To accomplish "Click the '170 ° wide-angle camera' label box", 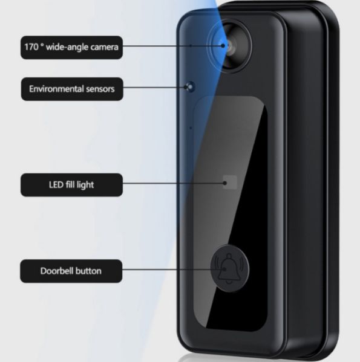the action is (71, 47).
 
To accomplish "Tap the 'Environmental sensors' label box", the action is (72, 89).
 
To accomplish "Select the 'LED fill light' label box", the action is (71, 185).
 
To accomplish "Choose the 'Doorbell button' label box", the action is (71, 271).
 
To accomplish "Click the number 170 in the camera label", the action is (31, 47).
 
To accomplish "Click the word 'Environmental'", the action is (56, 89).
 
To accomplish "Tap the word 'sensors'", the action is (100, 89).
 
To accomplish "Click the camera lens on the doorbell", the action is (230, 46).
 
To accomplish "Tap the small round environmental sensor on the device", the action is (190, 87).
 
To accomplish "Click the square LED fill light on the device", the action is (230, 182).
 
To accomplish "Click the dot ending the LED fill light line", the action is (225, 183).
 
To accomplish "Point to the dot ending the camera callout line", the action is (223, 46).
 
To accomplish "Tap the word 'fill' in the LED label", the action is (70, 184).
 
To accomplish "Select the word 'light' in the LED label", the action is (85, 185).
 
